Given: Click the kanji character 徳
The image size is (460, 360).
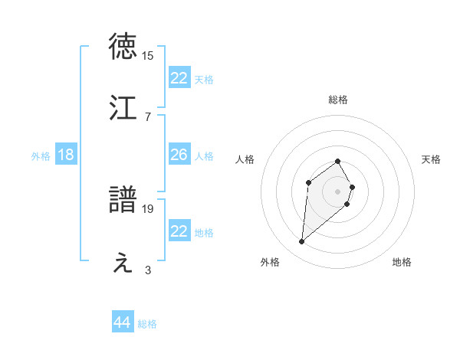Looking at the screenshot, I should click(123, 47).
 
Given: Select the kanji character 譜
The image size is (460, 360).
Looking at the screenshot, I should click(123, 200).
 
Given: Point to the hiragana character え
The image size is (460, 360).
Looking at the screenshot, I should click(123, 263).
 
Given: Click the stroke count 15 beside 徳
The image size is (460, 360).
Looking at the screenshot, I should click(148, 56).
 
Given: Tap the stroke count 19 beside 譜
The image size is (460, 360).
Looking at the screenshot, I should click(148, 208).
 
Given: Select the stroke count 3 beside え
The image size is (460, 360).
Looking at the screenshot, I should click(148, 270).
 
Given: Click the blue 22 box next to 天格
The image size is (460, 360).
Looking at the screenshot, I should click(179, 78).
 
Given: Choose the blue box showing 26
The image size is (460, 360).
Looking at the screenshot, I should click(179, 155).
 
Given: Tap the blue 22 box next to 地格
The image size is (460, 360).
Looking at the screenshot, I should click(179, 231).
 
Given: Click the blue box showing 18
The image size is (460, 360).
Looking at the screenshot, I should click(66, 155).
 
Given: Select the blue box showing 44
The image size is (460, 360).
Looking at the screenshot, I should click(123, 322).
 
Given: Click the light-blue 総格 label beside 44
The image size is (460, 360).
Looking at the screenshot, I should click(147, 324).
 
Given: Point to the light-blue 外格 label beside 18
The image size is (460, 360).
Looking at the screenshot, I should click(41, 156).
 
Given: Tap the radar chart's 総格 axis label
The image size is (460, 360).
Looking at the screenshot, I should click(338, 100).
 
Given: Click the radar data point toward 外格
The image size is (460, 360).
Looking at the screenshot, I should click(302, 242).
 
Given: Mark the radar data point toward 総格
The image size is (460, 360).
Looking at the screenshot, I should click(338, 161).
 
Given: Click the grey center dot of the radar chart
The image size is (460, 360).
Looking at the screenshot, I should click(338, 191).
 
